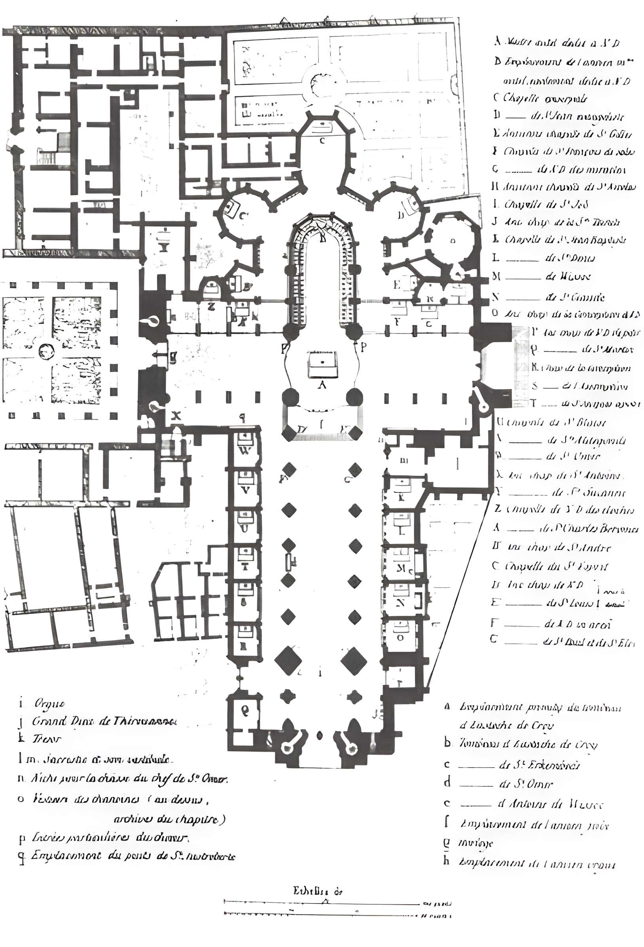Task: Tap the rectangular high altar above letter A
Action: coord(322,363)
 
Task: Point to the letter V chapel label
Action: coord(245,490)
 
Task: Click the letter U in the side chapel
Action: coord(245,528)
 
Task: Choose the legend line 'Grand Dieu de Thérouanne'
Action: coord(102,721)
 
